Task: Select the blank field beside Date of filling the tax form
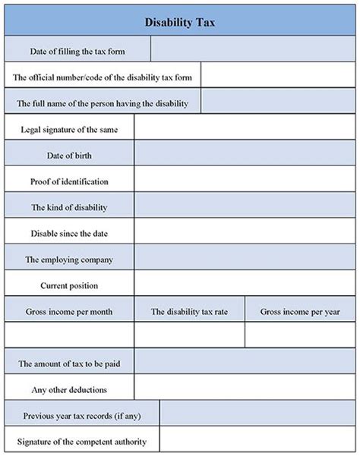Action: [253, 50]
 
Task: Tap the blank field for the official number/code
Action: [278, 76]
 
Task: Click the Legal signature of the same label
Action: [69, 128]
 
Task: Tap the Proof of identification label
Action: [69, 181]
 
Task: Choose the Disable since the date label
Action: [69, 233]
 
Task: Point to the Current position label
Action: [69, 285]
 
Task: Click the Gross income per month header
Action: [69, 311]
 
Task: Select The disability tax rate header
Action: [189, 311]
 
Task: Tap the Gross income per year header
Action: [299, 311]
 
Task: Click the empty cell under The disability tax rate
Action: [189, 335]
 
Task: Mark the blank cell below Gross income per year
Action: [299, 335]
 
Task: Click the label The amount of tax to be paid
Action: [69, 363]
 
